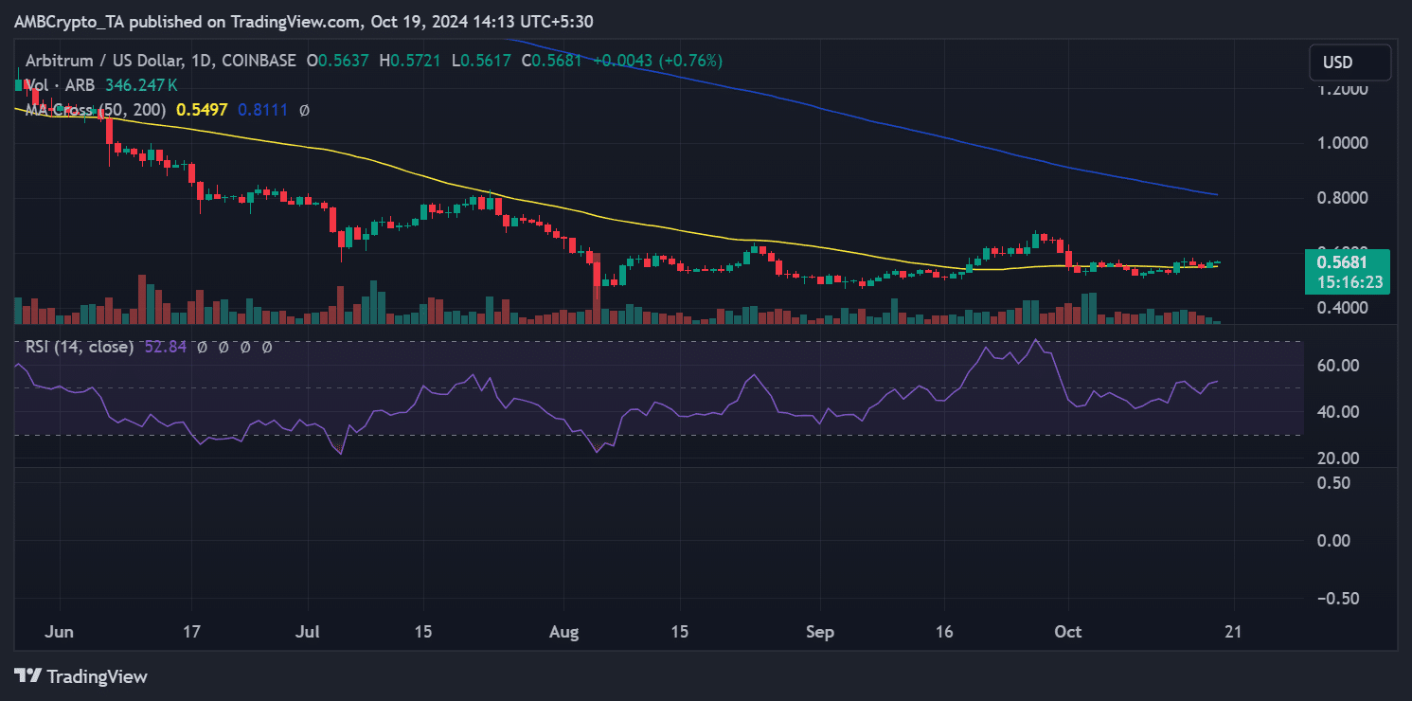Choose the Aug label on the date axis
tap(563, 632)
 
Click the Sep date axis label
tap(819, 632)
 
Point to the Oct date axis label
tap(1067, 632)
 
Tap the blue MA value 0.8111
tap(258, 110)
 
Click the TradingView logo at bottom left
tap(80, 676)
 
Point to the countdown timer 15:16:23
tap(1346, 282)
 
